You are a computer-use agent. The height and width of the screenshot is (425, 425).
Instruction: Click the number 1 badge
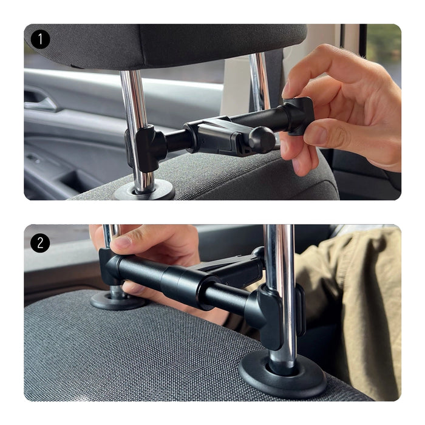point(40,39)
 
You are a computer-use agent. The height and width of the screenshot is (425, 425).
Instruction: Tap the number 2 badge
point(40,243)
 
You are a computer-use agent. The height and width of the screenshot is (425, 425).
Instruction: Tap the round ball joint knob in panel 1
point(262,140)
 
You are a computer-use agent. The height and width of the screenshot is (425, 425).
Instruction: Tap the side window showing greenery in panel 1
point(383,52)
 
